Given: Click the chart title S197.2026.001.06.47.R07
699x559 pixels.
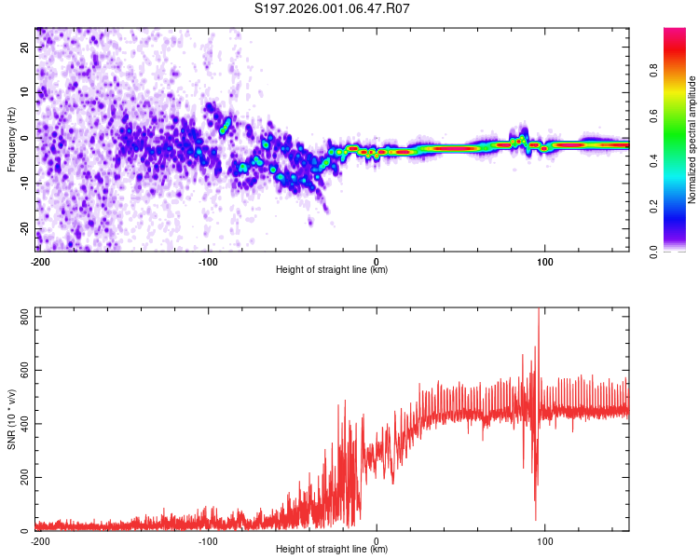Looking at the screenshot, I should tap(333, 8).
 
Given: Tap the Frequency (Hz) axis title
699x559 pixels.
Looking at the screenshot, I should tap(11, 140).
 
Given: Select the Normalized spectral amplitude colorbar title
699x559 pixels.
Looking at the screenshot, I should tap(692, 140).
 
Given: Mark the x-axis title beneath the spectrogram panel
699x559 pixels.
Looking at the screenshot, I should tap(332, 270).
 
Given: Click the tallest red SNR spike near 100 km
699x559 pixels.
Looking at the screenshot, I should tap(539, 312).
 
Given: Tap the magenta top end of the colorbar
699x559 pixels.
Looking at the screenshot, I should tap(674, 32).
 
